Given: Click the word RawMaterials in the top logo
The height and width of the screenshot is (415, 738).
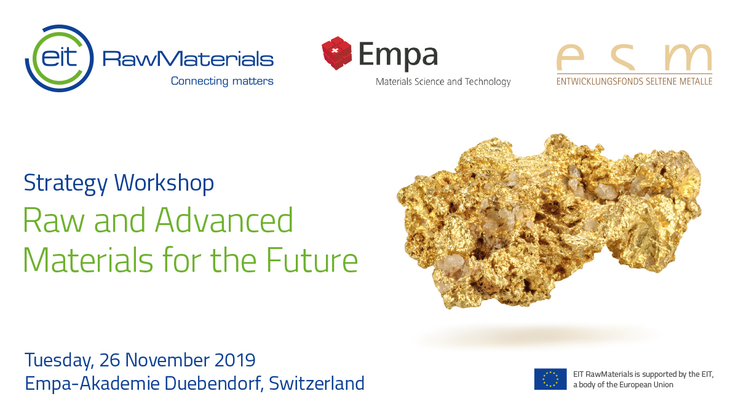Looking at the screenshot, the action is [x=188, y=59].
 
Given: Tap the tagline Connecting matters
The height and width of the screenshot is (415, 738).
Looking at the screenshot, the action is [x=222, y=81].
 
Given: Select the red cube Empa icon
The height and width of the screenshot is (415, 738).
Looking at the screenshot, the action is [x=336, y=53].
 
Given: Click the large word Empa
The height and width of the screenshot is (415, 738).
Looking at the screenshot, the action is [x=399, y=55].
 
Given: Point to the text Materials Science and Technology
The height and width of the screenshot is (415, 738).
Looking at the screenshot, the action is [x=443, y=82].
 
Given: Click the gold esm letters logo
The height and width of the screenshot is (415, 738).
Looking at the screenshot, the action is [x=634, y=57].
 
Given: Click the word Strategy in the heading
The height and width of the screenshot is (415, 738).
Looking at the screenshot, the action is [x=66, y=183].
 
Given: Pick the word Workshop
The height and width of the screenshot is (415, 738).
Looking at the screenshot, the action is [x=164, y=183].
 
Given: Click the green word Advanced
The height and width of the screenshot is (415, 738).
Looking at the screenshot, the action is [x=224, y=220].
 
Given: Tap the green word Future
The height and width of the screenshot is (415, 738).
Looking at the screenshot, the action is [x=312, y=260].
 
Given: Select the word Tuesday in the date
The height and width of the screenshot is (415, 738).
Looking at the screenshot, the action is [x=60, y=361].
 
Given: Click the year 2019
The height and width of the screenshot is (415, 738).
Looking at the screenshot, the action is [x=235, y=360].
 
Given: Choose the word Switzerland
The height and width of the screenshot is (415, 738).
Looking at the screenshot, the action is [x=317, y=384].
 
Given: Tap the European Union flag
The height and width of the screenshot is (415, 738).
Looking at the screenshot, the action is [x=550, y=379].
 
